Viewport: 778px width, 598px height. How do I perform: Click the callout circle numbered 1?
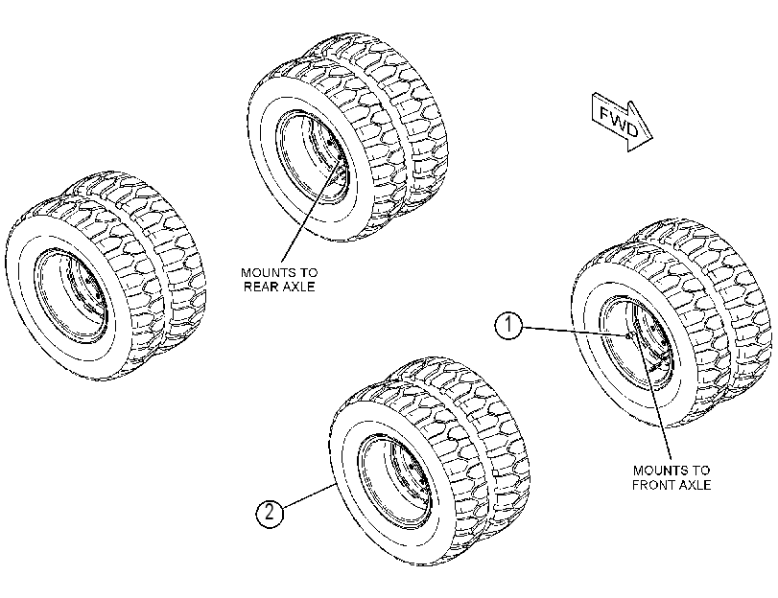508,326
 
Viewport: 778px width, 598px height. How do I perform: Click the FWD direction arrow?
623,122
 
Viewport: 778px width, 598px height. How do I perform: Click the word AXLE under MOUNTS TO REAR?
299,287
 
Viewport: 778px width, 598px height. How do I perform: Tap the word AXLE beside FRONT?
694,485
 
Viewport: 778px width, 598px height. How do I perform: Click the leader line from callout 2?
309,495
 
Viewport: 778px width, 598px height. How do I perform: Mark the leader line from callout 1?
575,332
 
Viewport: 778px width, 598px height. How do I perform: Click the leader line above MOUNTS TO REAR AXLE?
311,210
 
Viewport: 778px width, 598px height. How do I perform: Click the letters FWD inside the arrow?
619,121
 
